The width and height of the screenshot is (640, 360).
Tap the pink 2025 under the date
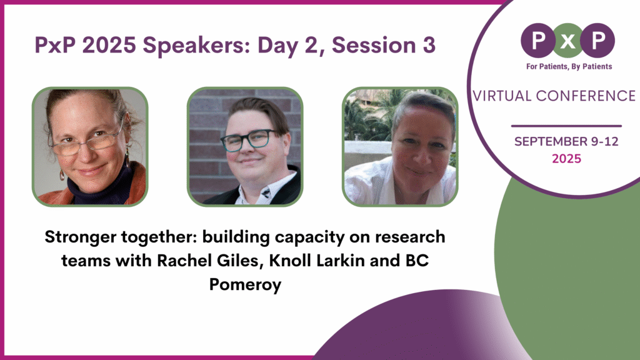tap(566, 159)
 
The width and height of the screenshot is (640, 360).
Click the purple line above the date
tap(566, 126)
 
